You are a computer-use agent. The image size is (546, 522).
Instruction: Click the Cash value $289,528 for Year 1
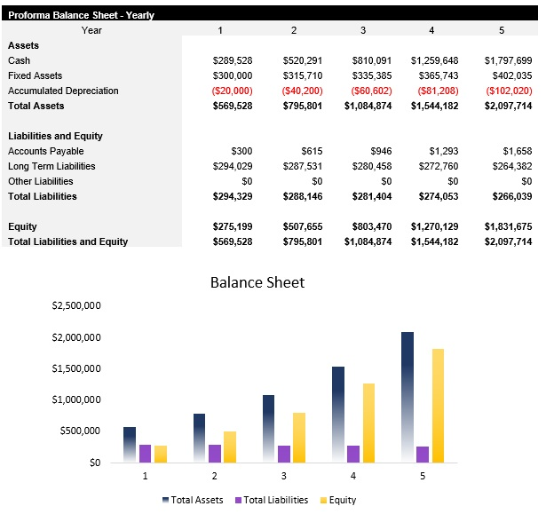(233, 60)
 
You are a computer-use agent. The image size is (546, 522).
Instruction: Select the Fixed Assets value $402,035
(510, 75)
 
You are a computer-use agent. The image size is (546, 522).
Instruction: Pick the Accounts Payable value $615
(312, 151)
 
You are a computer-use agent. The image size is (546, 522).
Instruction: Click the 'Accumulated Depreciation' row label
(63, 91)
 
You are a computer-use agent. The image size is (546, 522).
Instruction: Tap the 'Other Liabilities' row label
(41, 181)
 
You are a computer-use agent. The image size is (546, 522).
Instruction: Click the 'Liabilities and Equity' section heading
(55, 136)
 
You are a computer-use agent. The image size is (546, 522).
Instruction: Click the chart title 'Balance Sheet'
(257, 282)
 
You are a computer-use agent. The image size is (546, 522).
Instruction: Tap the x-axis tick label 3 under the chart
(284, 477)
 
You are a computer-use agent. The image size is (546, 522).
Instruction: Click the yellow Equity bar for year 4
(369, 423)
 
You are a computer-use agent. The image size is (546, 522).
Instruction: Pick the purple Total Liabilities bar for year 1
(146, 453)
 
